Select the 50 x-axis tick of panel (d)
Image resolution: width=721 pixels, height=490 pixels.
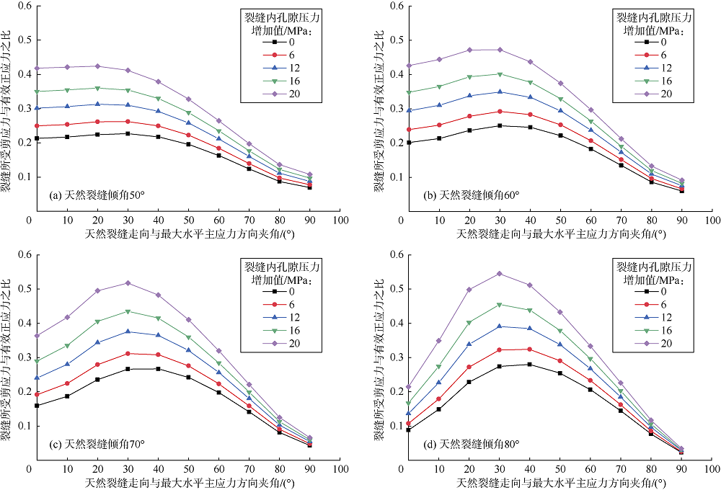pyautogui.click(x=559, y=468)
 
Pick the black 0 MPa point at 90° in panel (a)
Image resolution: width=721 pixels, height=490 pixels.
pyautogui.click(x=309, y=187)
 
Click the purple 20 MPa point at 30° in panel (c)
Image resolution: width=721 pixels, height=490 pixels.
pyautogui.click(x=128, y=283)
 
